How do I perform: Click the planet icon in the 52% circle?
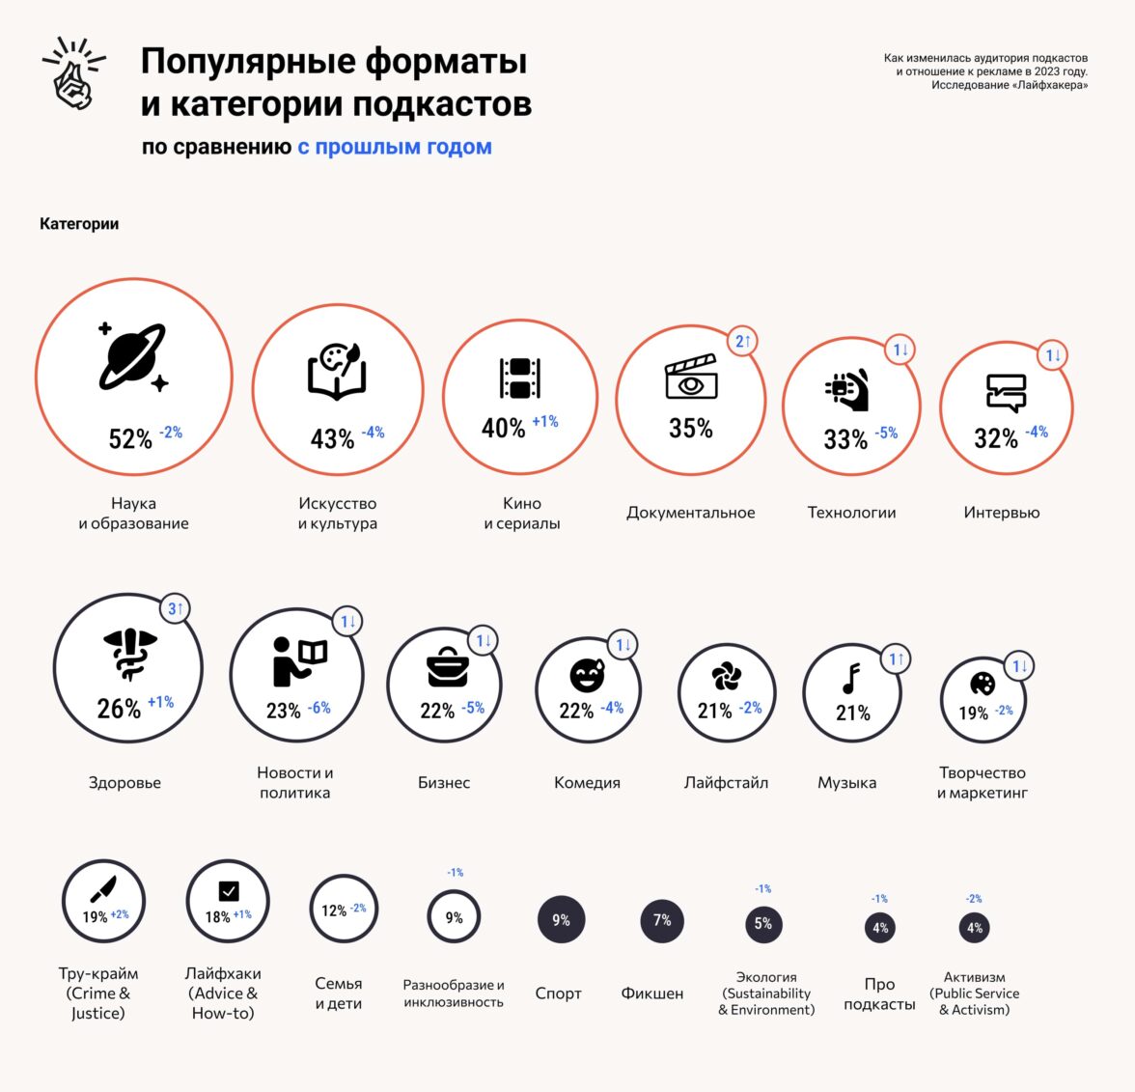point(133,356)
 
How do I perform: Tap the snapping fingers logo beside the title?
point(73,73)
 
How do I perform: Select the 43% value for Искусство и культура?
point(332,438)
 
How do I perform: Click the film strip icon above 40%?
point(519,378)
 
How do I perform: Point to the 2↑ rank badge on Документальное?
point(743,341)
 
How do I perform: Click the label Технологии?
point(851,513)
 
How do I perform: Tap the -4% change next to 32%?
point(1037,432)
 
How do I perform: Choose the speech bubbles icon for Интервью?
point(1006,392)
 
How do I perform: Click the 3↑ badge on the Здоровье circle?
point(176,608)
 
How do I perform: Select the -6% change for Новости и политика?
point(319,708)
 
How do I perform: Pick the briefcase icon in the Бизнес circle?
point(448,667)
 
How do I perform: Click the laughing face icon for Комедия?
point(587,676)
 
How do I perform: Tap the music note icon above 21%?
point(851,679)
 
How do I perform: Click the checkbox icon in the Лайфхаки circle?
point(229,890)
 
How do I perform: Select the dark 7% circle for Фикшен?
point(662,920)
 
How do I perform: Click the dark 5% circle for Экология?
point(762,924)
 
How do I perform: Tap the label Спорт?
point(558,994)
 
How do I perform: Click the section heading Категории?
point(79,224)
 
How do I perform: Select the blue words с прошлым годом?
point(395,147)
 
